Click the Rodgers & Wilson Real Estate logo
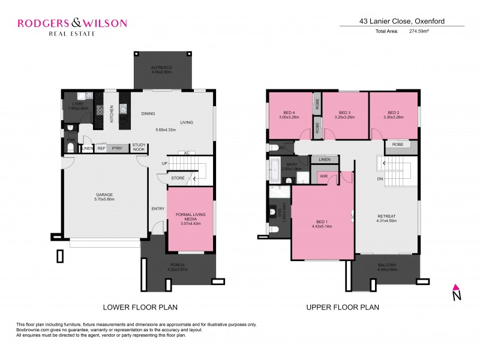[71, 26]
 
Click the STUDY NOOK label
[139, 146]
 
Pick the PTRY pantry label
[117, 148]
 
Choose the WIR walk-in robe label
[323, 176]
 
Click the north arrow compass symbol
[457, 292]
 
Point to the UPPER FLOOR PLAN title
[343, 308]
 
